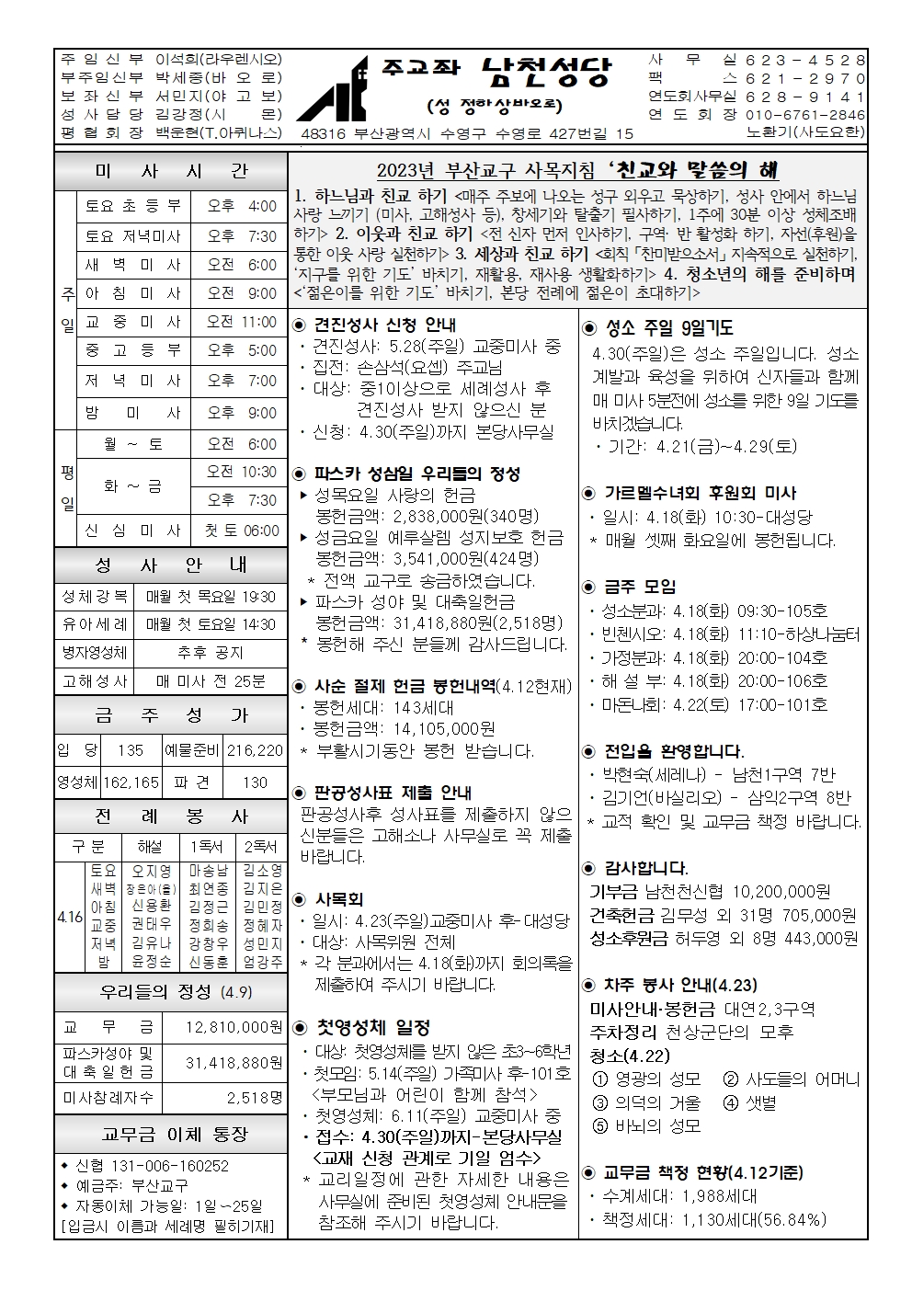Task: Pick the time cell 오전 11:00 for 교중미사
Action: [242, 322]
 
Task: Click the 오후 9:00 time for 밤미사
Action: [242, 412]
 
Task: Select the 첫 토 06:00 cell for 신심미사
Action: [242, 531]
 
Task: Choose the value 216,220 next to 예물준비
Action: [256, 750]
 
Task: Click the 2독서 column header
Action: [261, 847]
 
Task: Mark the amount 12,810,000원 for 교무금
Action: [234, 1026]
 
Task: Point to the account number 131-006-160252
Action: [153, 1166]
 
